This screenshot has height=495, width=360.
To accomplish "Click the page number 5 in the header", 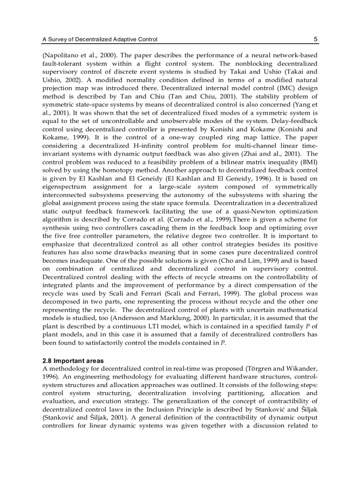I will click(x=315, y=39).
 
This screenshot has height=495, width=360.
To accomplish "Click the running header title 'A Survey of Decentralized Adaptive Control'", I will click(x=100, y=39).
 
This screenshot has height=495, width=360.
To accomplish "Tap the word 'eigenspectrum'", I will click(x=64, y=186).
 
